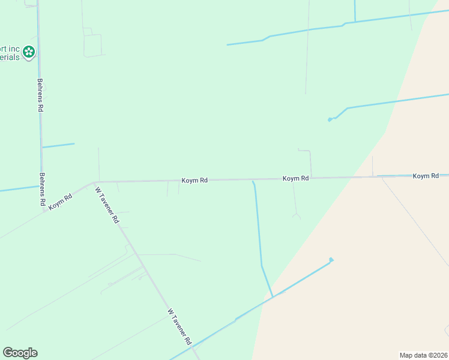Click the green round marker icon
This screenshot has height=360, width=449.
(x=28, y=53)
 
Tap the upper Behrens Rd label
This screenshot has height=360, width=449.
(x=41, y=95)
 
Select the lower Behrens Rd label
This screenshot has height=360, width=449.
(x=43, y=190)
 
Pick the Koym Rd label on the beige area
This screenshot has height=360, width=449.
(x=426, y=176)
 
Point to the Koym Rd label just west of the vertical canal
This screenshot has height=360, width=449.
(x=195, y=180)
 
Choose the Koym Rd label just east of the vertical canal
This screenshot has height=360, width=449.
(x=295, y=178)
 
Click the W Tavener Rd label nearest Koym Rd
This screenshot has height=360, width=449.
(x=107, y=205)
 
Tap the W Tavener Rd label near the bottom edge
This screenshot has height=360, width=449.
(x=179, y=327)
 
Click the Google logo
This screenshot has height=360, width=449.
(x=20, y=353)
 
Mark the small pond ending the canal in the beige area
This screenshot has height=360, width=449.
(x=331, y=260)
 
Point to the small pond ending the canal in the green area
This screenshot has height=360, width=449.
(x=330, y=120)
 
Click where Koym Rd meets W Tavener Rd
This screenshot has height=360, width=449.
(x=95, y=181)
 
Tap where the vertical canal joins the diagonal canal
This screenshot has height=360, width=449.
(x=273, y=296)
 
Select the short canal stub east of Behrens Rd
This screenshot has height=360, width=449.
(x=58, y=145)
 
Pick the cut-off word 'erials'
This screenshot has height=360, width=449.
(x=10, y=58)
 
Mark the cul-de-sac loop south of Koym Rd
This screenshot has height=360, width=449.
(x=296, y=215)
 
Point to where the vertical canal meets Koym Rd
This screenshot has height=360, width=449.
(x=253, y=180)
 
